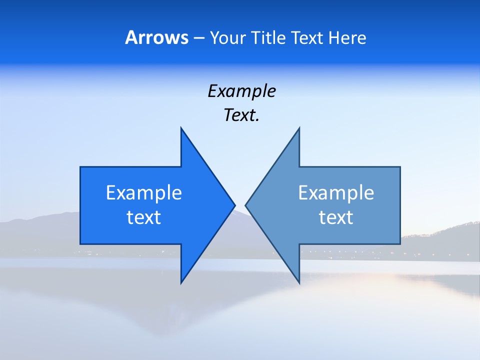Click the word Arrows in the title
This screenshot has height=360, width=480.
156,37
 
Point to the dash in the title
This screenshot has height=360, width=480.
198,38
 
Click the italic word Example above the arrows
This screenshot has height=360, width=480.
241,91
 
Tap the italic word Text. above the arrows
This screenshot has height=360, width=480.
241,115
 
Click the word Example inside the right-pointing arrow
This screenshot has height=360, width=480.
144,192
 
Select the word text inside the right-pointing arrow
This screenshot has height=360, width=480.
144,217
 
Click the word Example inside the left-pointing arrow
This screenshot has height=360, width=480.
336,192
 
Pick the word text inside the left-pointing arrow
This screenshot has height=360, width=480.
336,217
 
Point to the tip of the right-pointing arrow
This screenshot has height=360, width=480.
235,204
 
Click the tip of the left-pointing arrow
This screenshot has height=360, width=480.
245,204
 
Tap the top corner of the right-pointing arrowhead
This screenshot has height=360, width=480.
181,127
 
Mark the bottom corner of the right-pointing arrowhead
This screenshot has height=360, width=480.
181,283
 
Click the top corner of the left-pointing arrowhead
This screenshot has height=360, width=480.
299,127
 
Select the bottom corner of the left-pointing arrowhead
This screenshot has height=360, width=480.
299,283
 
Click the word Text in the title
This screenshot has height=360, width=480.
307,38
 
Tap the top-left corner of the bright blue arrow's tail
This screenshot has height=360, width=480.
80,167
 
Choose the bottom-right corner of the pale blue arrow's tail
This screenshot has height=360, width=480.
400,244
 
